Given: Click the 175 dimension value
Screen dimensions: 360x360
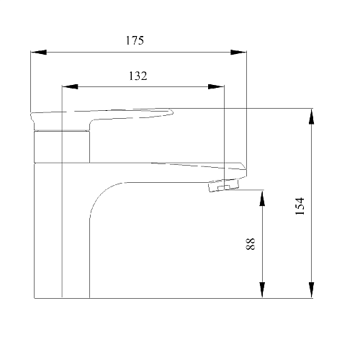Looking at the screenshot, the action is (x=135, y=40).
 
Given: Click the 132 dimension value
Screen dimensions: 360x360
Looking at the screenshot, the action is (x=138, y=76).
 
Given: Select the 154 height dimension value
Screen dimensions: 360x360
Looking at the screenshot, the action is (x=300, y=206).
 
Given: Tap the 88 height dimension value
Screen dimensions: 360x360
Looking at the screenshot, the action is (x=251, y=244).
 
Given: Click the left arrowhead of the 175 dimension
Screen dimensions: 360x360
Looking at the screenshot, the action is (x=38, y=52).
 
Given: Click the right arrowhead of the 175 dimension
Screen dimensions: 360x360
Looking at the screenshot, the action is (x=238, y=52).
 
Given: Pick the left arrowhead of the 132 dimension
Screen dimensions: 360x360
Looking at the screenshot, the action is (x=70, y=86).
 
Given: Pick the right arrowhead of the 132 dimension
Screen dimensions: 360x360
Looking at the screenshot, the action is (x=216, y=86).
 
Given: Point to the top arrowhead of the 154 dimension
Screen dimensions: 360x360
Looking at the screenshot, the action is (x=311, y=117).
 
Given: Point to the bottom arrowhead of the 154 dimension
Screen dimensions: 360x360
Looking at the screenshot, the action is (x=311, y=290).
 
